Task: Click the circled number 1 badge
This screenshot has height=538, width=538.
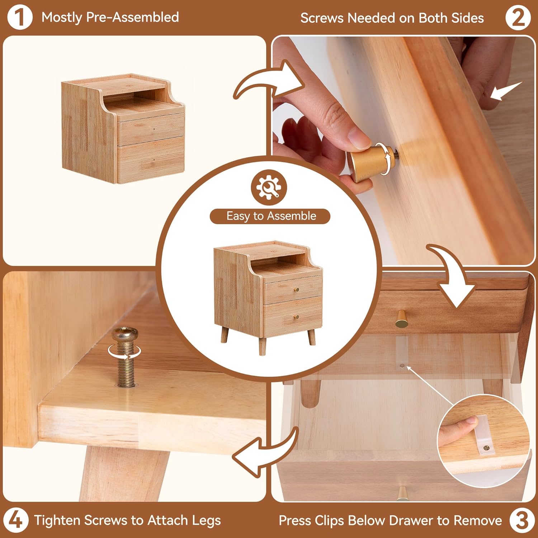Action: click(20, 17)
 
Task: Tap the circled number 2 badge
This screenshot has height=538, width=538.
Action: click(518, 18)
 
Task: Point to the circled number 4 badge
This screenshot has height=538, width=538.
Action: click(16, 520)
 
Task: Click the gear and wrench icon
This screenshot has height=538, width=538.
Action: click(269, 187)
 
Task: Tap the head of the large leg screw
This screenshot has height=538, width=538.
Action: click(124, 334)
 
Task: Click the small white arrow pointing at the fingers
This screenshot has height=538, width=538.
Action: click(506, 91)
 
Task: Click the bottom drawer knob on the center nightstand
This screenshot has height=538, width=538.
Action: click(296, 316)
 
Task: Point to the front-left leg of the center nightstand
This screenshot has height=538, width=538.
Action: click(225, 334)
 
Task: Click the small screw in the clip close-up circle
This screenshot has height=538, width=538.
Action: click(486, 448)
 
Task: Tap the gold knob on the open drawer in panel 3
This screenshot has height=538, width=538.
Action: click(402, 319)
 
